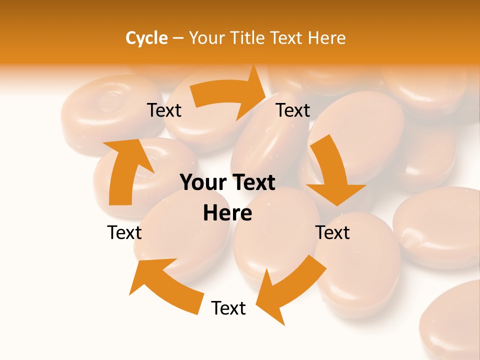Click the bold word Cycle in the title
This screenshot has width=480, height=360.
click(146, 38)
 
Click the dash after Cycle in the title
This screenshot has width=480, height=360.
click(177, 38)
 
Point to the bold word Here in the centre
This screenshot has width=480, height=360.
click(227, 213)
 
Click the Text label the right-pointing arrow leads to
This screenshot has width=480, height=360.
click(293, 110)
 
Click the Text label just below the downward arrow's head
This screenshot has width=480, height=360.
click(333, 232)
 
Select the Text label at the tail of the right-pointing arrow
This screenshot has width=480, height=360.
click(164, 110)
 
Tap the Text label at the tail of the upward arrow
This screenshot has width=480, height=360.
click(124, 232)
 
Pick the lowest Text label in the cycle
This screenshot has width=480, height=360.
click(228, 308)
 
